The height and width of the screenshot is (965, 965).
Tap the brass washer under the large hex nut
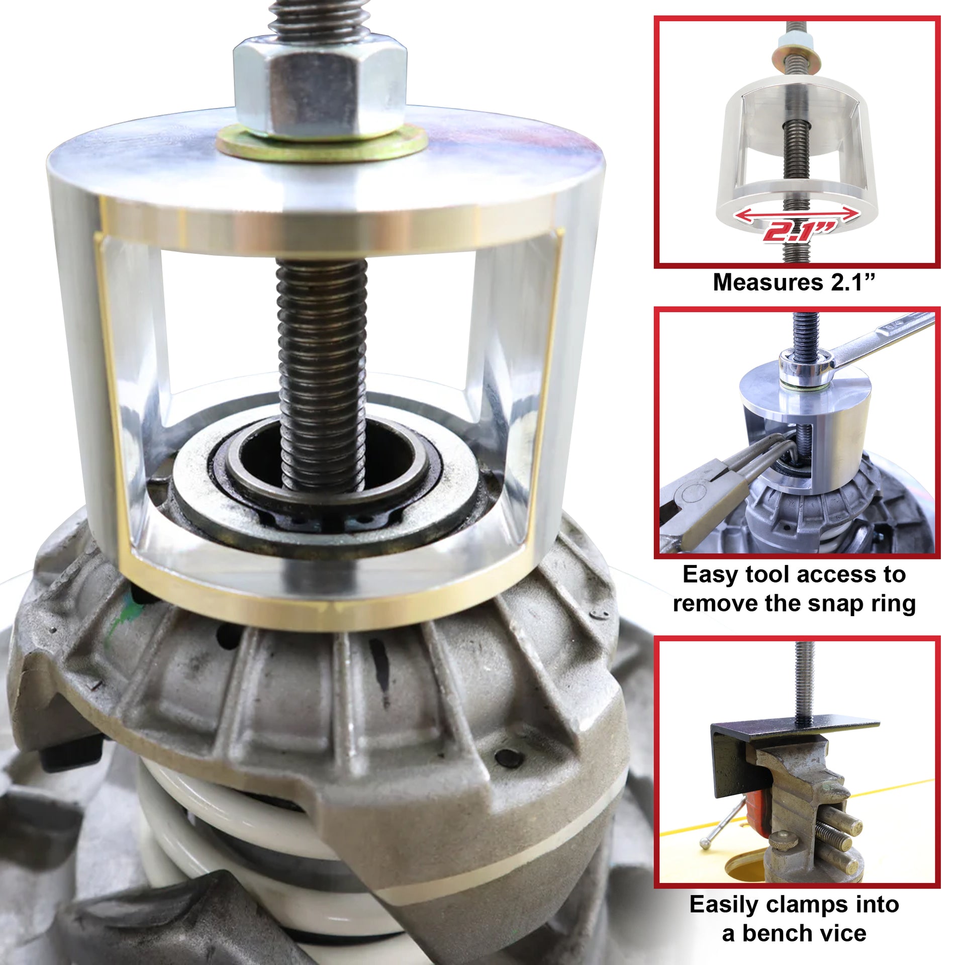pos(322,144)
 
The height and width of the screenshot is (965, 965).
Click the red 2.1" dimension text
pos(799,231)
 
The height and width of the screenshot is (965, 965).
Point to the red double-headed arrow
pos(797,215)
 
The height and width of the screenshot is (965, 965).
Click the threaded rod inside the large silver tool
pos(322,374)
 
